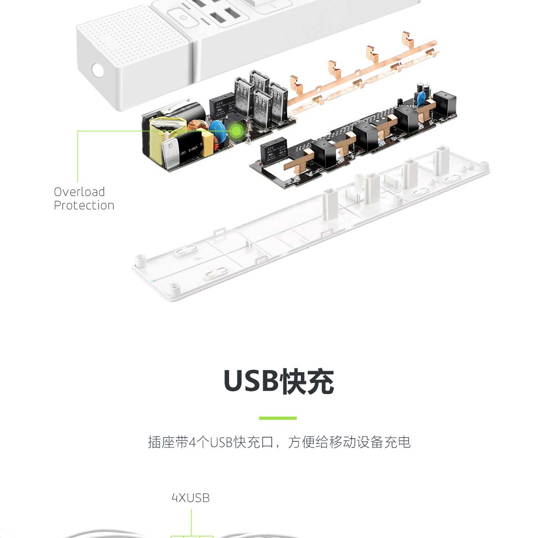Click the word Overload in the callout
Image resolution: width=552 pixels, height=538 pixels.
coord(79,192)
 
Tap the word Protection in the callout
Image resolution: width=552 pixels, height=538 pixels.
coord(84,206)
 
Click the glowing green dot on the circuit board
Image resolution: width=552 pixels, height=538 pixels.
coord(236,132)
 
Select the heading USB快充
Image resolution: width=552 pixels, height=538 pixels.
coord(279,382)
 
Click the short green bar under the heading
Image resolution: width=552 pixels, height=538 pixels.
coord(277,418)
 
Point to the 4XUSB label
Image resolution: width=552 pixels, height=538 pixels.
coord(190,498)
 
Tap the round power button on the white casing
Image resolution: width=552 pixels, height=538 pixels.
coord(184,18)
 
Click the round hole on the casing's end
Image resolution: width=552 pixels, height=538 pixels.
coord(98,70)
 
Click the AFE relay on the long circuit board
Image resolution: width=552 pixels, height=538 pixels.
coord(273,150)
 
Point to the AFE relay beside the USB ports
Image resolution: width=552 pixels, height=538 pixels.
coord(222,107)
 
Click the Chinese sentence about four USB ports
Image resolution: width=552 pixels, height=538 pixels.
coord(279,442)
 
